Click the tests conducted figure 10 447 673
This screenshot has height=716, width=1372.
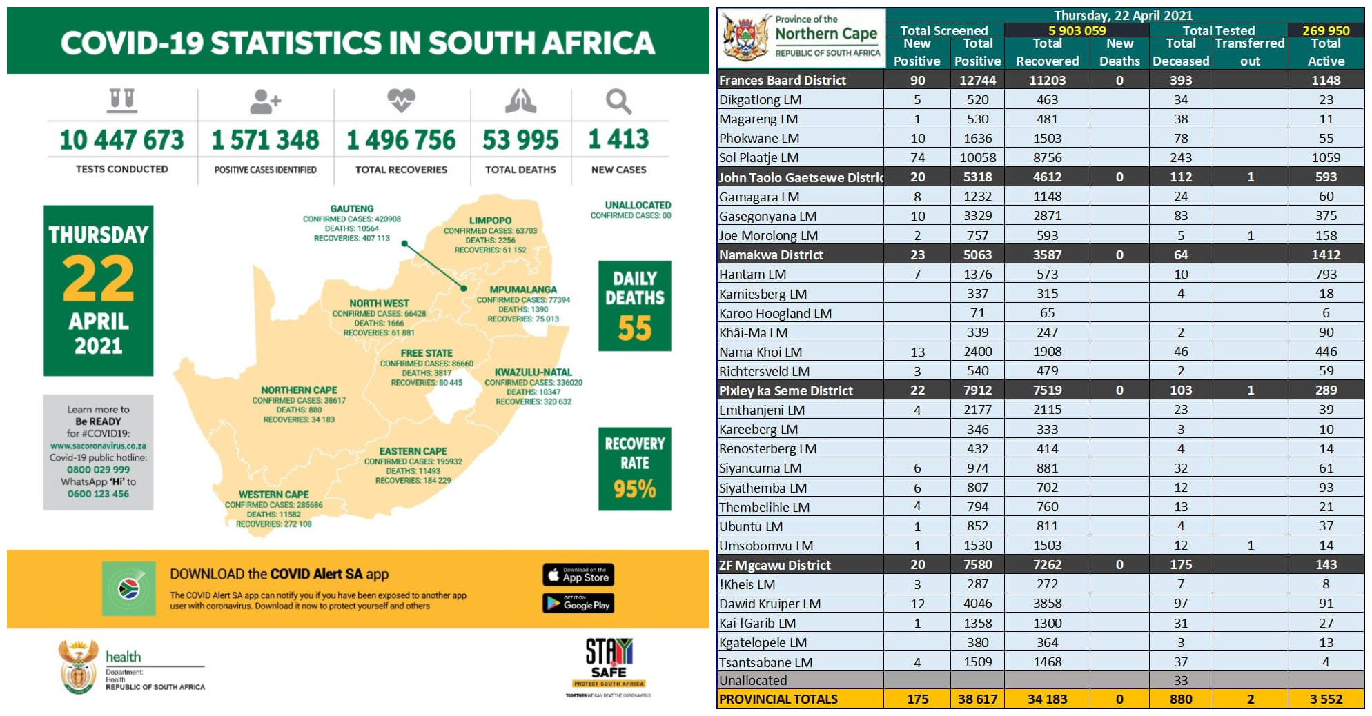point(121,140)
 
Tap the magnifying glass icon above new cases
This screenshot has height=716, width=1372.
point(618,101)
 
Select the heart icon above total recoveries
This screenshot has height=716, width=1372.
point(401,101)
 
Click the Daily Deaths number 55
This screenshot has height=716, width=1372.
point(635,328)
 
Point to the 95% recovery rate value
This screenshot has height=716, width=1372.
point(635,489)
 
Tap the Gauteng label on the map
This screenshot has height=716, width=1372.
point(352,208)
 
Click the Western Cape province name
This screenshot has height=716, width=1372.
point(273,495)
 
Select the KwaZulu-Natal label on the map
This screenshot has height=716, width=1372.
point(533,372)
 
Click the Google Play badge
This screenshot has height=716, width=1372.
point(578,604)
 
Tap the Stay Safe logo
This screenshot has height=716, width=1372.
point(608,662)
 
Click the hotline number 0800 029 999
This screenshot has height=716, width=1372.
point(98,470)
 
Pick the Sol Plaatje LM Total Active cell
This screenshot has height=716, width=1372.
point(1325,157)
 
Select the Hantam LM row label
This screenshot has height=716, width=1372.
point(753,275)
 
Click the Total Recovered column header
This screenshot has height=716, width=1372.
point(1047,52)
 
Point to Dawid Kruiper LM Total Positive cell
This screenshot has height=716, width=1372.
point(977,604)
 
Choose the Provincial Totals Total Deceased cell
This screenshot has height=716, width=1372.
point(1180,699)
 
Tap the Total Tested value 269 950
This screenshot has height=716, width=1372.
point(1325,30)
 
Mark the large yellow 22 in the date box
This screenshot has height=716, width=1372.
point(98,279)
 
